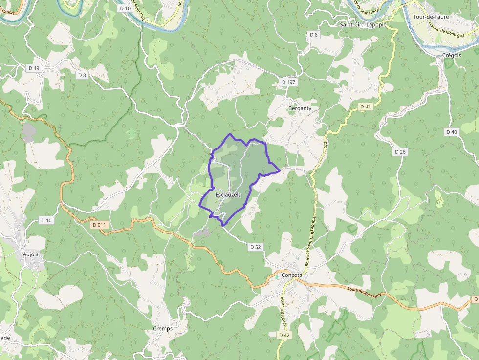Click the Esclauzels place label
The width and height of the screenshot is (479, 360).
(x=228, y=194)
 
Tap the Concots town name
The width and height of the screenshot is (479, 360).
(x=292, y=275)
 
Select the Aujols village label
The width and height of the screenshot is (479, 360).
(x=30, y=254)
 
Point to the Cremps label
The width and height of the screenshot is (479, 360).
(x=163, y=328)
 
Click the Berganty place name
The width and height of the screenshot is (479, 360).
(x=300, y=108)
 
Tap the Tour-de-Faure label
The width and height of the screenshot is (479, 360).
(x=431, y=17)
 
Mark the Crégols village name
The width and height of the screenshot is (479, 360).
(x=452, y=55)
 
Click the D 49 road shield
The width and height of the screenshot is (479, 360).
(x=34, y=68)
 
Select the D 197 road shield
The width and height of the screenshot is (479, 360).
(x=289, y=82)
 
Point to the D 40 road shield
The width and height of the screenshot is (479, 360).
(x=451, y=132)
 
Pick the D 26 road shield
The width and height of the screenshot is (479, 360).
(x=400, y=152)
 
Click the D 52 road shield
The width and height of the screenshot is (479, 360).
(x=255, y=247)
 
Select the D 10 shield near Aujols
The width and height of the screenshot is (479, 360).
(x=46, y=221)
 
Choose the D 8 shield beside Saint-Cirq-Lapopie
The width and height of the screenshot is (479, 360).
(x=313, y=35)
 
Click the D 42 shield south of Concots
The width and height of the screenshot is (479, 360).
(x=284, y=335)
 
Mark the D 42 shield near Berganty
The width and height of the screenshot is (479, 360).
(x=366, y=106)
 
